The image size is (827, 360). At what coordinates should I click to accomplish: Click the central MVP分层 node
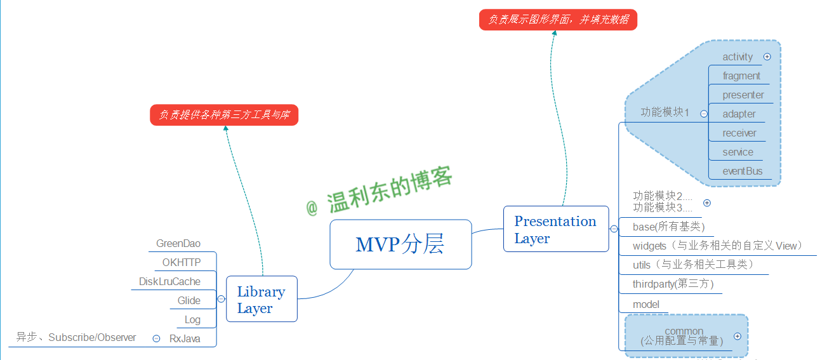coord(400,244)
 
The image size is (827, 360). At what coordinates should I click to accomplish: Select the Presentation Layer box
coord(555,229)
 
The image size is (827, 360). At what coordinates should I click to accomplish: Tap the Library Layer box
coord(261,300)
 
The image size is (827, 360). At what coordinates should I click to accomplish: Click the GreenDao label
coord(178,244)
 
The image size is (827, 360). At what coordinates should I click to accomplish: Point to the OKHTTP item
coord(181,262)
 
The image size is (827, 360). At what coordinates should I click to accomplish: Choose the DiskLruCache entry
coord(169,281)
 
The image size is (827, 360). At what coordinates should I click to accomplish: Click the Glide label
coord(189,300)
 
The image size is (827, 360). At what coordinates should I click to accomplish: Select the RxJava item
coord(185,338)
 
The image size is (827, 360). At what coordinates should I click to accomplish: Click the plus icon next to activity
coord(767,57)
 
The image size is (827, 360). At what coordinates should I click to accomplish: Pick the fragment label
coord(741,76)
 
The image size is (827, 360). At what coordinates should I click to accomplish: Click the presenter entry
coord(743,95)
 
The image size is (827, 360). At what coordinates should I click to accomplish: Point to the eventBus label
coord(743,171)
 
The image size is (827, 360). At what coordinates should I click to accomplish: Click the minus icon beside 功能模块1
coord(704,114)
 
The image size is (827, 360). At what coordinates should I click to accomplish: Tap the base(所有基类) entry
coord(668,227)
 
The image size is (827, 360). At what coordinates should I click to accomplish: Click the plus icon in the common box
coord(737,337)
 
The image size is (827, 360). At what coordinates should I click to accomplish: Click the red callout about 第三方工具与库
coord(224,115)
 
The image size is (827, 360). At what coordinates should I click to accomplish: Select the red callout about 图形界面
coord(558,19)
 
